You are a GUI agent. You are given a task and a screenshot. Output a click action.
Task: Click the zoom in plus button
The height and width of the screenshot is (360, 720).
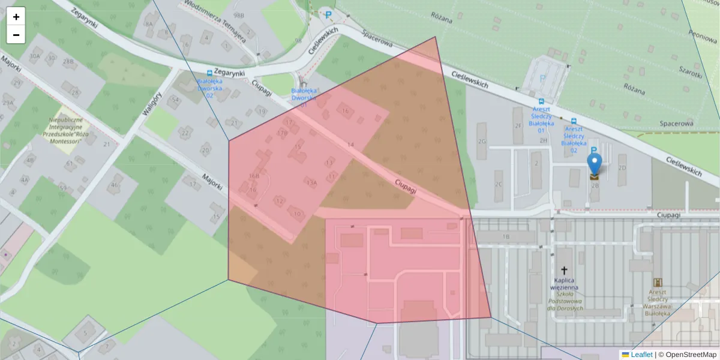pyautogui.click(x=16, y=17)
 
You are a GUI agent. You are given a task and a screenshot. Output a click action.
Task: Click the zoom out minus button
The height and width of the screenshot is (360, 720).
pyautogui.click(x=16, y=35)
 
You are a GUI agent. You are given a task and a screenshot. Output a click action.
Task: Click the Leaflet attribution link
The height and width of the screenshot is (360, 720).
pyautogui.click(x=641, y=355)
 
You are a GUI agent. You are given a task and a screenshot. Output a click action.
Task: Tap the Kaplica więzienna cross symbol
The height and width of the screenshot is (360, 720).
pyautogui.click(x=564, y=271)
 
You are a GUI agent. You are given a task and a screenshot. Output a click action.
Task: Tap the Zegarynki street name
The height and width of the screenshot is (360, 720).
pyautogui.click(x=230, y=72)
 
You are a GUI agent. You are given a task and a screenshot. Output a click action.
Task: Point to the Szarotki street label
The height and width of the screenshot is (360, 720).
pyautogui.click(x=690, y=71)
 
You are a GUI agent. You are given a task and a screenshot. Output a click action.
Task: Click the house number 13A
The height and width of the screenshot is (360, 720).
pyautogui.click(x=311, y=182)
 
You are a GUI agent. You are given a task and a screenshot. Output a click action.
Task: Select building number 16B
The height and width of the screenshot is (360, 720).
pyautogui.click(x=254, y=176)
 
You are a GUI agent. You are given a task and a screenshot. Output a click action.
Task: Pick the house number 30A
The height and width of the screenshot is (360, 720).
pyautogui.click(x=35, y=56)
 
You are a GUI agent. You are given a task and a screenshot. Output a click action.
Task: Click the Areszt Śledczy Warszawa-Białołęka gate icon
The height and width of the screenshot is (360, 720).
pyautogui.click(x=658, y=282)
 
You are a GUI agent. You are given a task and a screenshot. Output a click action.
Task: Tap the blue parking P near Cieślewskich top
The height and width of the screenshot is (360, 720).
pyautogui.click(x=328, y=15)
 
